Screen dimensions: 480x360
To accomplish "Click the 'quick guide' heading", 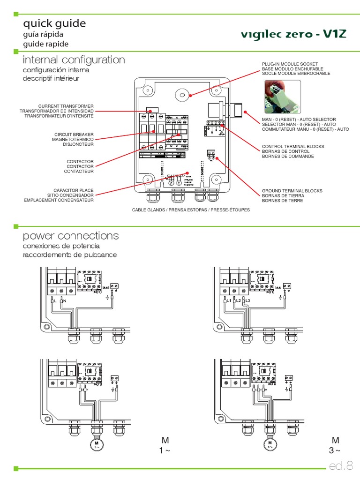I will click(54, 23).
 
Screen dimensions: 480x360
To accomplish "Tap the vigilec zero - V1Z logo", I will click(293, 35).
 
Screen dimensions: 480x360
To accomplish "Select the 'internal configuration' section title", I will click(74, 60).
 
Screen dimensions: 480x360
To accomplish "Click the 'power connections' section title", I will click(71, 235).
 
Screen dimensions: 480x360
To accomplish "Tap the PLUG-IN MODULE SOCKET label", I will click(290, 64).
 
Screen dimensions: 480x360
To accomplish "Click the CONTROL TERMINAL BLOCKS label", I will click(292, 147).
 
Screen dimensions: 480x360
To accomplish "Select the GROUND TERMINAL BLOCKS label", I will click(292, 191).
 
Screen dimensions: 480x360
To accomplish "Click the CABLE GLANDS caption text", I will click(191, 210).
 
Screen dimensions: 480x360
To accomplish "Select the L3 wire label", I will click(248, 300).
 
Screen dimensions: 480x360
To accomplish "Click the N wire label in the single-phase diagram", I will click(64, 300).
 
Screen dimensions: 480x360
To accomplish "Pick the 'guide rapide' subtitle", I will click(46, 44).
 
